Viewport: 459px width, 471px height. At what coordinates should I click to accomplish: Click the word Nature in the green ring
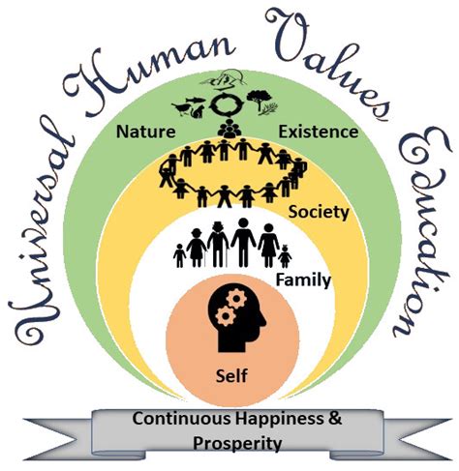click(x=146, y=132)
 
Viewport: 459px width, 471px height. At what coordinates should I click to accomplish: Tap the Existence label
click(x=319, y=132)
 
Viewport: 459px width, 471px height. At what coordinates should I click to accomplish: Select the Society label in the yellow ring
click(x=319, y=213)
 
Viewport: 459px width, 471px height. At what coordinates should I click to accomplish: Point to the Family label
click(x=303, y=280)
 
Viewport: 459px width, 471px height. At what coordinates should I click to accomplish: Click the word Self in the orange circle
click(x=231, y=376)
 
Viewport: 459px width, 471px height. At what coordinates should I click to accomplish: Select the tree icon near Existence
click(x=259, y=101)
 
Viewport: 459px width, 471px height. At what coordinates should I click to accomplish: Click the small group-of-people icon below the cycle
click(x=229, y=129)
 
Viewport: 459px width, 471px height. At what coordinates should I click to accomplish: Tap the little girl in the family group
click(x=285, y=256)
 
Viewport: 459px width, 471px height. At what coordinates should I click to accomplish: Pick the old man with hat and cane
click(x=218, y=245)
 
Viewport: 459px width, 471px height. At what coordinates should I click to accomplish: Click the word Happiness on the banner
click(x=279, y=419)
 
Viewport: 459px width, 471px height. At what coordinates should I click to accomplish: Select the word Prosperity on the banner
click(x=237, y=443)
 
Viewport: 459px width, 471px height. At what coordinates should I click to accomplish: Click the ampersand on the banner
click(x=334, y=419)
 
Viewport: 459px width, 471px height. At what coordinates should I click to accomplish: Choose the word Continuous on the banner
click(x=182, y=419)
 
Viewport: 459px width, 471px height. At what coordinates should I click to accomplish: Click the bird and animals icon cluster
click(x=190, y=106)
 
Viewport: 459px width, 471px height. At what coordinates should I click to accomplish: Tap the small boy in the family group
click(x=179, y=255)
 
